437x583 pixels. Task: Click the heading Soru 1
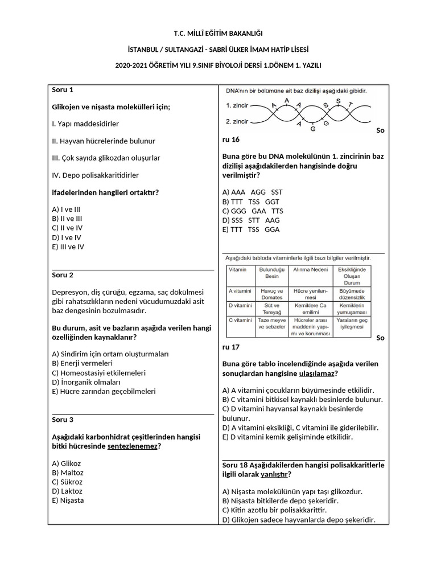[63, 90]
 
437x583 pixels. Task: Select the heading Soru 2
[63, 276]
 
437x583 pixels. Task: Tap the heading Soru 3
[63, 420]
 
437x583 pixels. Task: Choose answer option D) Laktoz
[67, 491]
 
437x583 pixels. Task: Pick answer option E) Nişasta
[68, 500]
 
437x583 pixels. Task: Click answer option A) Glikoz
[67, 463]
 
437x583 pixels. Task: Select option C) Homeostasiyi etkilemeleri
[98, 373]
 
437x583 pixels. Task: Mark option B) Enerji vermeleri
[82, 363]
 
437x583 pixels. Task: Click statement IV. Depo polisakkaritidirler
[95, 175]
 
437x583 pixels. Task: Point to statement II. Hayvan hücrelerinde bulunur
[104, 141]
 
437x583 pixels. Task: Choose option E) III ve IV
[68, 247]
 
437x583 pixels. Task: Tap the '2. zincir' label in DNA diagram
[237, 121]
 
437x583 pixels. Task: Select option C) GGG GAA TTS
[249, 211]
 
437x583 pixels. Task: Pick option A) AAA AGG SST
[249, 192]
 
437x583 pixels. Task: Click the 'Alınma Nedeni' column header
[311, 269]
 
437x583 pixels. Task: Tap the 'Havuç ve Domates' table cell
[271, 294]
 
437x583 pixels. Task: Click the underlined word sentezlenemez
[132, 446]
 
